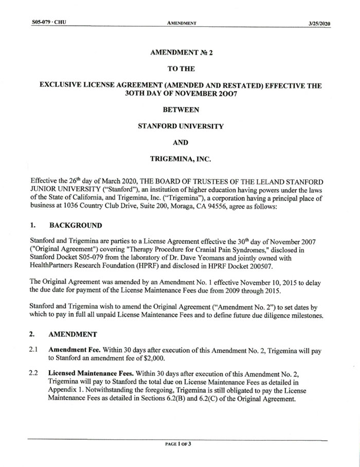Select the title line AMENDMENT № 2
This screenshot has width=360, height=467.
click(x=179, y=52)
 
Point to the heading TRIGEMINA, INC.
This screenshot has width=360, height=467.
click(x=179, y=159)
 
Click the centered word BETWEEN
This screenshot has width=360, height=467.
click(x=179, y=109)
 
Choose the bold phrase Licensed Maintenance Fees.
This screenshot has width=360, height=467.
click(x=92, y=372)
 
